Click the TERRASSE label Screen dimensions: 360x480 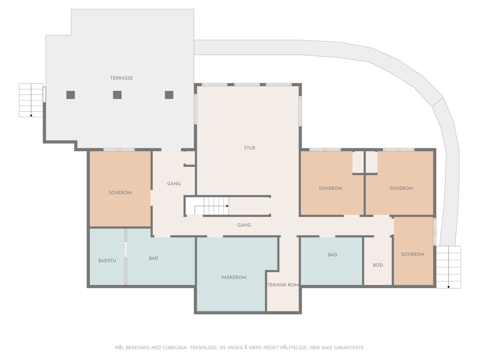coord(121,78)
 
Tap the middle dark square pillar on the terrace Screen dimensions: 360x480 coord(117,95)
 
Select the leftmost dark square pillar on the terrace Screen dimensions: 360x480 coord(70,95)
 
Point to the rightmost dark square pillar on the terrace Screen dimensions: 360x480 coord(169,95)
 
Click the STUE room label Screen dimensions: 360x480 coord(250,148)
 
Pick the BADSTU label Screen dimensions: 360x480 coord(107,261)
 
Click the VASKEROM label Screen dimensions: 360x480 coord(233,277)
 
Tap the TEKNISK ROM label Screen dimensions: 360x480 coord(283,285)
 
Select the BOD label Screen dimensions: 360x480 coord(378,265)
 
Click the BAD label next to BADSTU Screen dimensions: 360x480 coord(153,258)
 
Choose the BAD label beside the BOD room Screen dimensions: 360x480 coord(332,255)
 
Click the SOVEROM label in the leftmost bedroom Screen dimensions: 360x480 coord(120,193)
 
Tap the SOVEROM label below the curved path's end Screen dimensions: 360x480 coord(412,254)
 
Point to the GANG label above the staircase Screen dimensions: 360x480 coord(174,184)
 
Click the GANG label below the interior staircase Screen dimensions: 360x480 coord(244,225)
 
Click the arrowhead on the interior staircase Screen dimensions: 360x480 coord(227,206)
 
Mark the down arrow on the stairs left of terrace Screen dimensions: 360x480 coord(31,115)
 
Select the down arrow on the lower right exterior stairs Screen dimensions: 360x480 coord(448,287)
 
